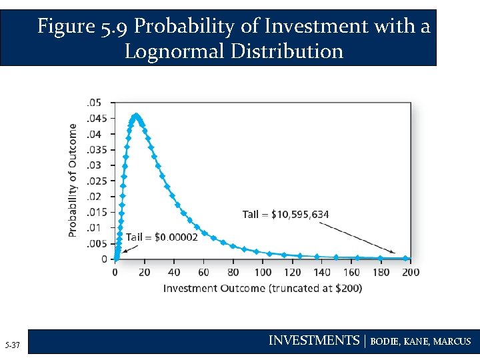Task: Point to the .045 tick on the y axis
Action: [x=97, y=118]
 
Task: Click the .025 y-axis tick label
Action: [x=97, y=181]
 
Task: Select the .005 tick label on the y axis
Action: [x=97, y=243]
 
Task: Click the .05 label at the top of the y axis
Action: [x=94, y=103]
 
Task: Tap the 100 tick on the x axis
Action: [x=263, y=272]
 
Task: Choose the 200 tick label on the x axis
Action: [x=411, y=272]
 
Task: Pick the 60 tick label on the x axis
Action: [x=203, y=272]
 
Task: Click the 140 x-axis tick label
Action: [x=322, y=272]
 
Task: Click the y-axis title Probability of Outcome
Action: [x=73, y=181]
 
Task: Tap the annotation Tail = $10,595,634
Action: [x=285, y=214]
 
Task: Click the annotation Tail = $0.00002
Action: [x=162, y=237]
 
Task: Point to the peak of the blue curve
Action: [x=137, y=115]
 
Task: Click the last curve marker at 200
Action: [x=406, y=258]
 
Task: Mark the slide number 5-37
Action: [x=13, y=345]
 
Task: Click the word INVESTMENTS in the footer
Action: [x=313, y=341]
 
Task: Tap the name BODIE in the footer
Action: [x=383, y=341]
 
